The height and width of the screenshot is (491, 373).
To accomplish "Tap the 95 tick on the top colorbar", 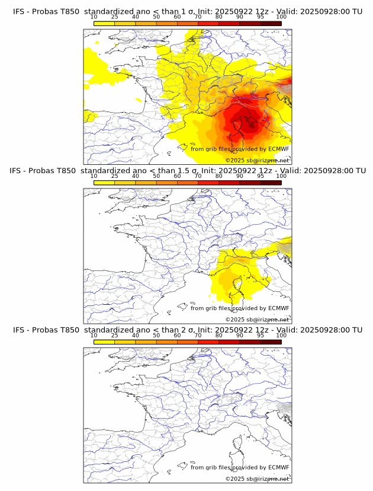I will [x=261, y=17].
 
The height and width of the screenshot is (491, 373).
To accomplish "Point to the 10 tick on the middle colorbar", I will [x=94, y=176].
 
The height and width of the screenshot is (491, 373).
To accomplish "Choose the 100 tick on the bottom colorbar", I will [x=281, y=335].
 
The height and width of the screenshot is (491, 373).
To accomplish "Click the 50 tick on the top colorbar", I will [x=156, y=17].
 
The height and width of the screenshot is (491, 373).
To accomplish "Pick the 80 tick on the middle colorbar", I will [x=219, y=176].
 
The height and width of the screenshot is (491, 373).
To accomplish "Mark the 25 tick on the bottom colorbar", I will [x=114, y=335].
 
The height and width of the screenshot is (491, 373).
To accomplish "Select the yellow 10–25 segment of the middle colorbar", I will [x=104, y=182].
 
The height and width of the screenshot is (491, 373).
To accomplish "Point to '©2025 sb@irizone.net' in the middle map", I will [x=257, y=319].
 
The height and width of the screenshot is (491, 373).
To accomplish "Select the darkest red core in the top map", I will [x=250, y=123].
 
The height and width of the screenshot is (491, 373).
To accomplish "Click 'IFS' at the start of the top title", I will [x=19, y=11].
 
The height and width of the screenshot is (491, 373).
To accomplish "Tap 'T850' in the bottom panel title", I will [x=67, y=330].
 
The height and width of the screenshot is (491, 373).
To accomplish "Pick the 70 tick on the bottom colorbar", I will [x=198, y=335].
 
